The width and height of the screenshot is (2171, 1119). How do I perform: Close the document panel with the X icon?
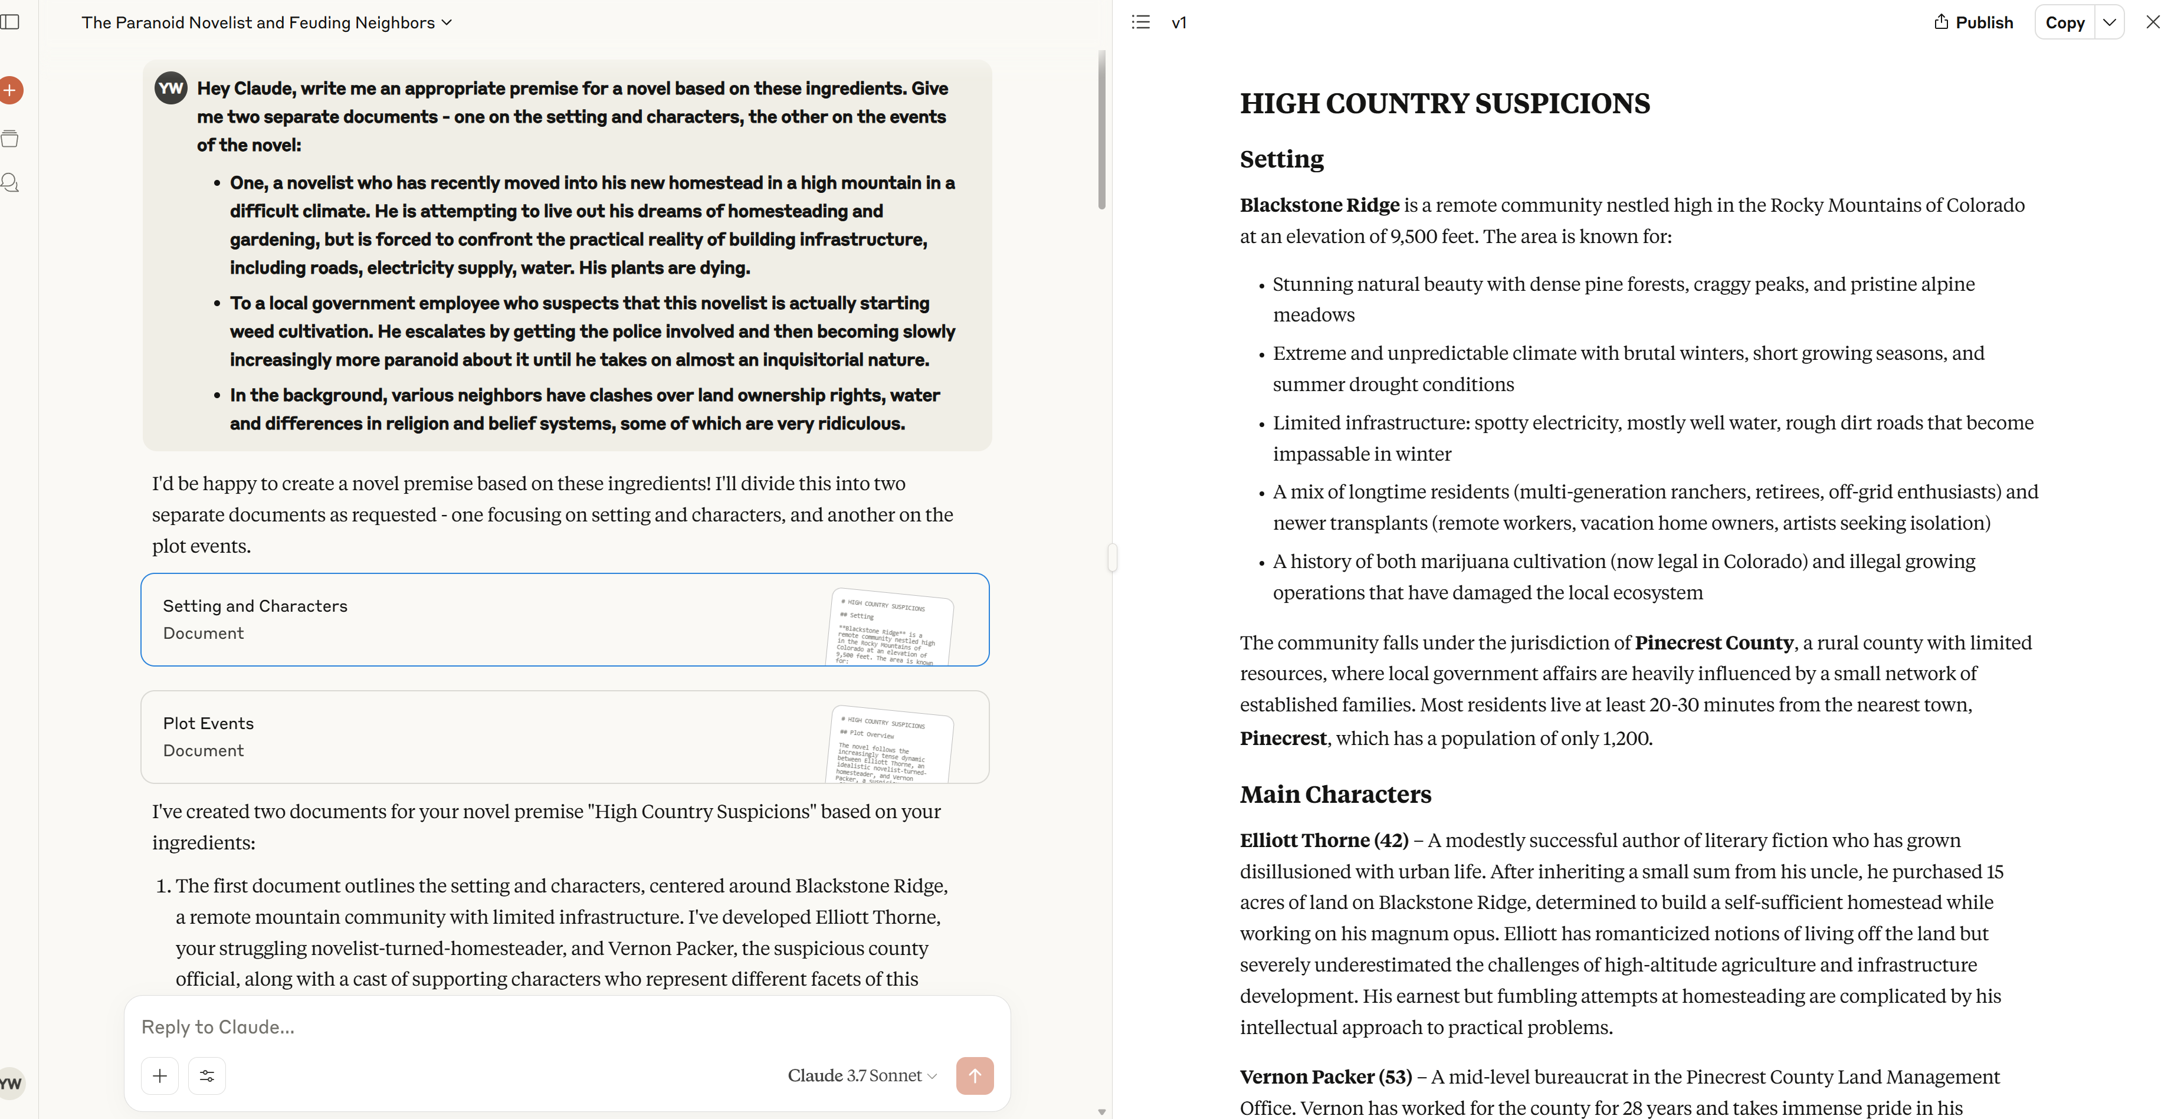(2153, 23)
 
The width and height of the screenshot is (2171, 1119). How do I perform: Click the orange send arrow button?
(974, 1075)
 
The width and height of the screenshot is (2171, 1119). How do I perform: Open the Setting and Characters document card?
(564, 619)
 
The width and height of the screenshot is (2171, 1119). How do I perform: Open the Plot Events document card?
(564, 736)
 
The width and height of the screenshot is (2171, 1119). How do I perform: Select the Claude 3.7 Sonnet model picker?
(861, 1075)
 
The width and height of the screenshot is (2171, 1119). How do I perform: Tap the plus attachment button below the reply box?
(160, 1075)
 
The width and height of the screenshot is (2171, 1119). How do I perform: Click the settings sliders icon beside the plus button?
(206, 1075)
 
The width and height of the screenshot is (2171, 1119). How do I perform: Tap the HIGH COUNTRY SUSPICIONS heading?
(1445, 104)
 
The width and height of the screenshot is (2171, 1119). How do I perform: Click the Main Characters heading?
(1335, 794)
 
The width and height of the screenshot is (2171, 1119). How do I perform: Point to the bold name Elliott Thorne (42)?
(1323, 840)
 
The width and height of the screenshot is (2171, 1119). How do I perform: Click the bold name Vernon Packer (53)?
(1325, 1077)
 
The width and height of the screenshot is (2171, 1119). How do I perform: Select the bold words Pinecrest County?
(1713, 643)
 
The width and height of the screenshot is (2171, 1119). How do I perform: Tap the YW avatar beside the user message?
(171, 88)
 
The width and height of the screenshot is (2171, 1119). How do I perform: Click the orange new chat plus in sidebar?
(10, 90)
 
